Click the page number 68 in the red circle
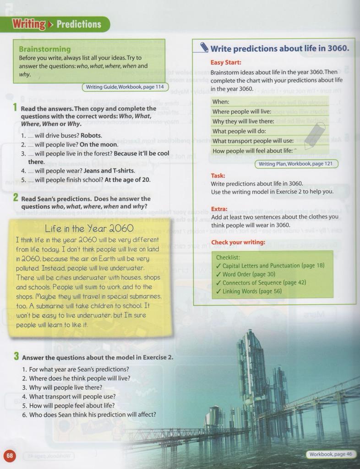tap(10, 456)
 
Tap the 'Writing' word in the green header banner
tap(28, 24)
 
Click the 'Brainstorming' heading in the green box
tap(45, 49)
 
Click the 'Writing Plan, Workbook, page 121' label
tap(296, 164)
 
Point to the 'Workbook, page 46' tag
tap(330, 454)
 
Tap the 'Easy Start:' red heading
tap(226, 63)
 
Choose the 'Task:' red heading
tap(218, 175)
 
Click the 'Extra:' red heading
tap(219, 209)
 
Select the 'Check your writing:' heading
tap(238, 242)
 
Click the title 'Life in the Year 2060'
tap(89, 228)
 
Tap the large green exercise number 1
tap(15, 108)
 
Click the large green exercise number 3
tap(16, 356)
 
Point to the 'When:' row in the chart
tap(221, 102)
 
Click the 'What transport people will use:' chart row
tap(253, 141)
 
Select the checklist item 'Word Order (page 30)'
tap(249, 274)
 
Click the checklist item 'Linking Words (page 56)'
tap(252, 291)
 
